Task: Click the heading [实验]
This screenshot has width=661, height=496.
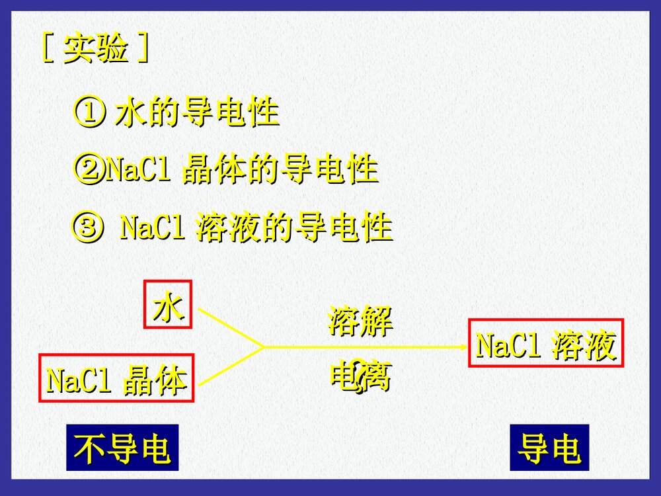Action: pyautogui.click(x=95, y=50)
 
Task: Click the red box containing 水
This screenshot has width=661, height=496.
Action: pyautogui.click(x=168, y=304)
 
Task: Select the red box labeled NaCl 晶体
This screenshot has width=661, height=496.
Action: pyautogui.click(x=116, y=379)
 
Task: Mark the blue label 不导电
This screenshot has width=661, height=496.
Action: pyautogui.click(x=122, y=448)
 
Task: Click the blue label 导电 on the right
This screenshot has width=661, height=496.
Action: pyautogui.click(x=549, y=448)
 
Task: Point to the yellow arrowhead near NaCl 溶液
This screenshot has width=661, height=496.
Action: pyautogui.click(x=463, y=346)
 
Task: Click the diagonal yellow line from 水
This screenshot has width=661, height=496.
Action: pyautogui.click(x=231, y=327)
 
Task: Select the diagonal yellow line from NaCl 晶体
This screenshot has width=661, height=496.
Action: pyautogui.click(x=231, y=365)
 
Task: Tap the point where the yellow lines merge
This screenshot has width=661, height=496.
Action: pyautogui.click(x=264, y=346)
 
